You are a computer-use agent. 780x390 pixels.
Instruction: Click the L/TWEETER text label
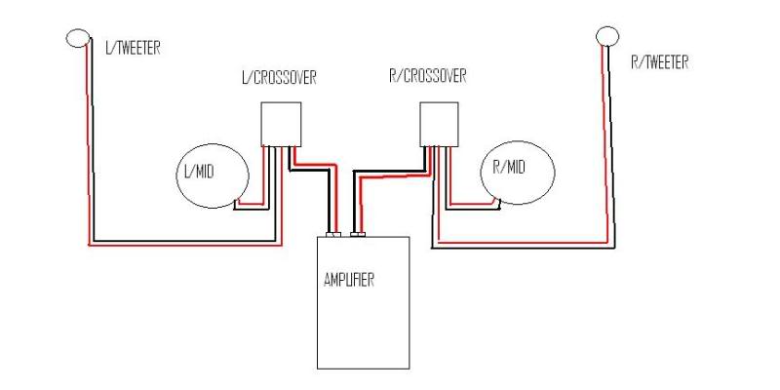pos(132,48)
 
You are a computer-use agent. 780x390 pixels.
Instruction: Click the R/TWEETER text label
pos(660,62)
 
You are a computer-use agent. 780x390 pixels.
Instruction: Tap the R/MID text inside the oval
pos(509,168)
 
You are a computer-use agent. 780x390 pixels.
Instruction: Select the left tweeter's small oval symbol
pos(78,37)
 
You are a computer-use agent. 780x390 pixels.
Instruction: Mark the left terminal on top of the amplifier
pos(335,234)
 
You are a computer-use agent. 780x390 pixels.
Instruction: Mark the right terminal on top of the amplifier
pos(358,234)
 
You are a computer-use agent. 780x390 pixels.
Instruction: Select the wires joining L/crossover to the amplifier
pos(327,195)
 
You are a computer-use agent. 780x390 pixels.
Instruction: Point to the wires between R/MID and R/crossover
pos(468,206)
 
